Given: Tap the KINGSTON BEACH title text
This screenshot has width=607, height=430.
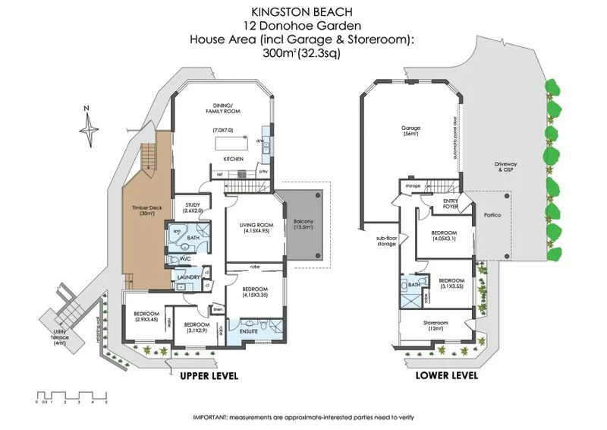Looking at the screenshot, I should click(x=303, y=11).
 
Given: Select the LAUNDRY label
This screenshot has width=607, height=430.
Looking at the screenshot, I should click(x=187, y=277).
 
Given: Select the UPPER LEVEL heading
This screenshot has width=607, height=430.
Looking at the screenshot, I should click(x=209, y=375).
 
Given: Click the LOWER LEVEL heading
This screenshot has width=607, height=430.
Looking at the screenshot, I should click(x=447, y=375).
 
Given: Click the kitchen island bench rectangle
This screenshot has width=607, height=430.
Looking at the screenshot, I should click(x=231, y=144).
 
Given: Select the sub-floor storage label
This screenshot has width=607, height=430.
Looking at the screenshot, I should click(x=386, y=241).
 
